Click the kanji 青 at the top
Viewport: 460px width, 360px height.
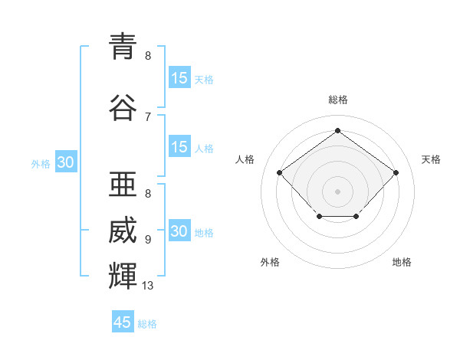click(123, 45)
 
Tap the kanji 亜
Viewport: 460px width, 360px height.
click(123, 184)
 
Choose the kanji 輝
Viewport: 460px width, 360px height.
click(123, 275)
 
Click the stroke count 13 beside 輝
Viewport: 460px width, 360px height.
click(148, 286)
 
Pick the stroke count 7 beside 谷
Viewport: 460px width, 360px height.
click(148, 117)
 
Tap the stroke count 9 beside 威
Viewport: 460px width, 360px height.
click(148, 240)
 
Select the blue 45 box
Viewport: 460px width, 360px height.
click(123, 322)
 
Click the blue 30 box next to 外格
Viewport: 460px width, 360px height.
click(65, 162)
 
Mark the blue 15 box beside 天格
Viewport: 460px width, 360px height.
click(179, 78)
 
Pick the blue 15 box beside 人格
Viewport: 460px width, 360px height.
click(179, 147)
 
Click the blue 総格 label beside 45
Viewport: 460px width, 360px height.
click(147, 324)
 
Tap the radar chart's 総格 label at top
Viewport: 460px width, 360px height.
click(337, 100)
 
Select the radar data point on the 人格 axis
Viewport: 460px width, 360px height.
click(280, 173)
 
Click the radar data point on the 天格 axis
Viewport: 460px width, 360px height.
click(396, 173)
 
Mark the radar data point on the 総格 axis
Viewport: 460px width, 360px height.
click(337, 131)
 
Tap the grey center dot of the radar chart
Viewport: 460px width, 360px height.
click(337, 191)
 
